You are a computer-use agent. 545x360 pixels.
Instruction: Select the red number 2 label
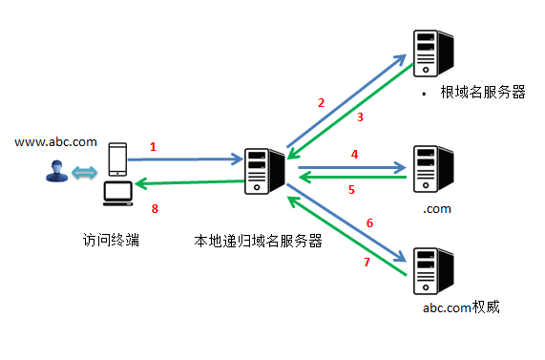321,102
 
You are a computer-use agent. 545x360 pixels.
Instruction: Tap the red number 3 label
360,117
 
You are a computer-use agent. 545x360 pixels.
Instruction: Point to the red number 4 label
353,154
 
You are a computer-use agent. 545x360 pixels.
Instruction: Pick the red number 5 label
351,190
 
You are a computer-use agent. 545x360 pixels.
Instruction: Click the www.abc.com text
55,142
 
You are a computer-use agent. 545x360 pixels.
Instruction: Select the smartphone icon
116,159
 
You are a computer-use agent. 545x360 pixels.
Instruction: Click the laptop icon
117,194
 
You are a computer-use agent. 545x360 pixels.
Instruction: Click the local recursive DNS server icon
264,172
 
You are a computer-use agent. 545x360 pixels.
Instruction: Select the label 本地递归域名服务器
257,241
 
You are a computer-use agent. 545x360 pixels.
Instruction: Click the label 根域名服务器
483,93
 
